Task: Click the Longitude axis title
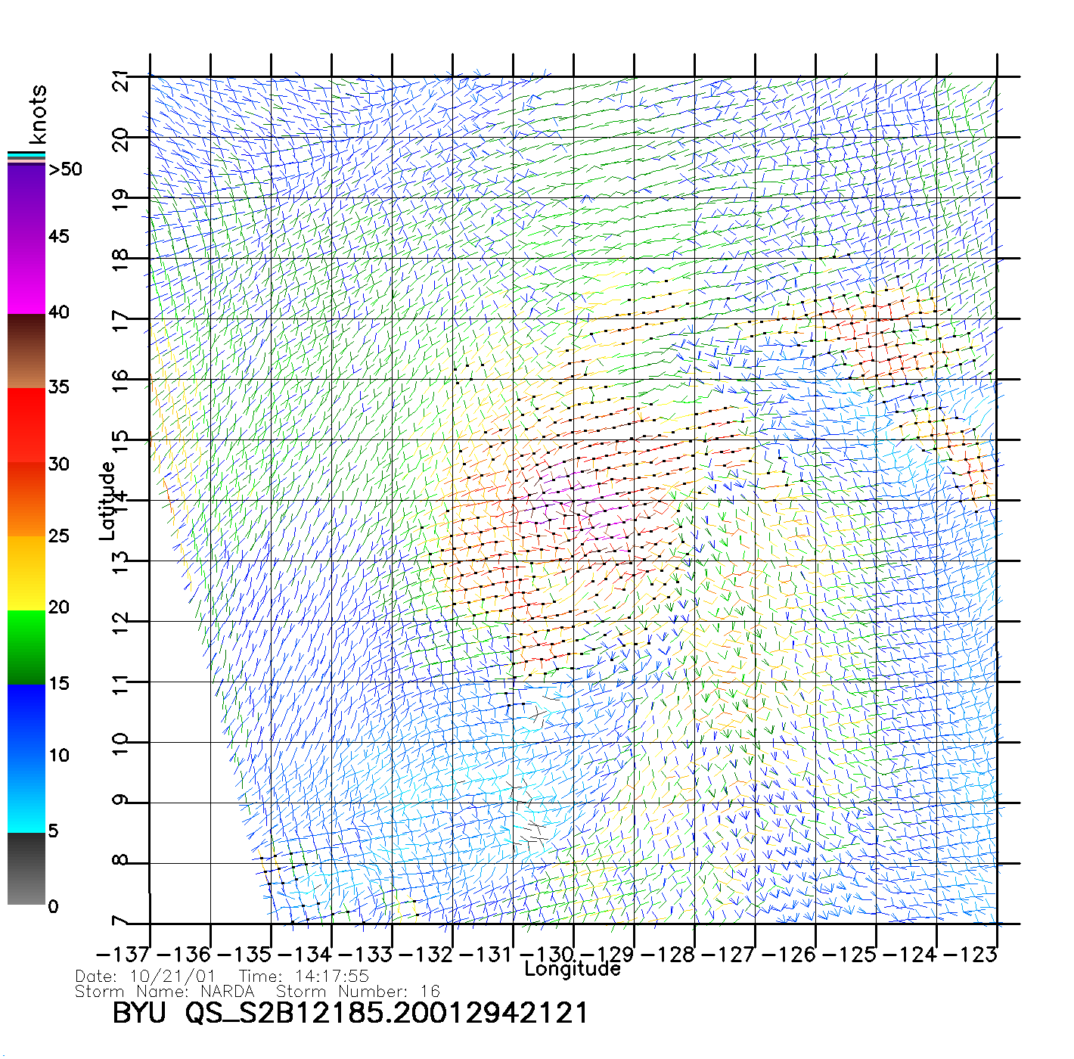(573, 969)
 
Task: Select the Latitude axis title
(107, 500)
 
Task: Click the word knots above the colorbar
(38, 114)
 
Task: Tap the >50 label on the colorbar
(65, 169)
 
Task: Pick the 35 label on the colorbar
(58, 387)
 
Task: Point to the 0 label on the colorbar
(53, 906)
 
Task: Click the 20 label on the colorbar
(58, 607)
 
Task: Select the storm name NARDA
(227, 992)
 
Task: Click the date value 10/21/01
(172, 977)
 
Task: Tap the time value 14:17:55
(332, 977)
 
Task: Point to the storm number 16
(430, 992)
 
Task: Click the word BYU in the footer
(138, 1013)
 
